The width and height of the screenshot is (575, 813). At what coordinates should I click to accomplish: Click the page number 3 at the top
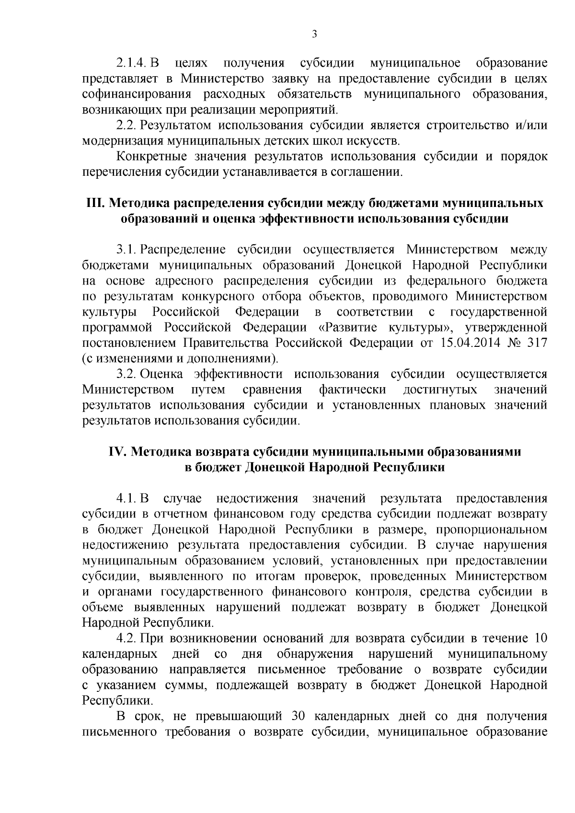click(314, 34)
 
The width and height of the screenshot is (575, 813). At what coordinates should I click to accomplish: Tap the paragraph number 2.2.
click(127, 126)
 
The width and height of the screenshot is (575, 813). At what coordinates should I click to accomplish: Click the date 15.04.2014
click(463, 343)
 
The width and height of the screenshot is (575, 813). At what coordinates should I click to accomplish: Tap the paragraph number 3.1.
click(127, 250)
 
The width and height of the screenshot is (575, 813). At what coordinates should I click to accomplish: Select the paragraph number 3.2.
click(127, 374)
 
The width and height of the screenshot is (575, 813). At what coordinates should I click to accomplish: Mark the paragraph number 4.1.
click(127, 499)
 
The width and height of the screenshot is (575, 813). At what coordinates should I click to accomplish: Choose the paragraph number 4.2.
click(127, 639)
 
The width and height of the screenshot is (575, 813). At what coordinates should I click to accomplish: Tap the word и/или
click(531, 126)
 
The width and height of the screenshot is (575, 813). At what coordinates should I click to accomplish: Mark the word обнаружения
click(315, 654)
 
